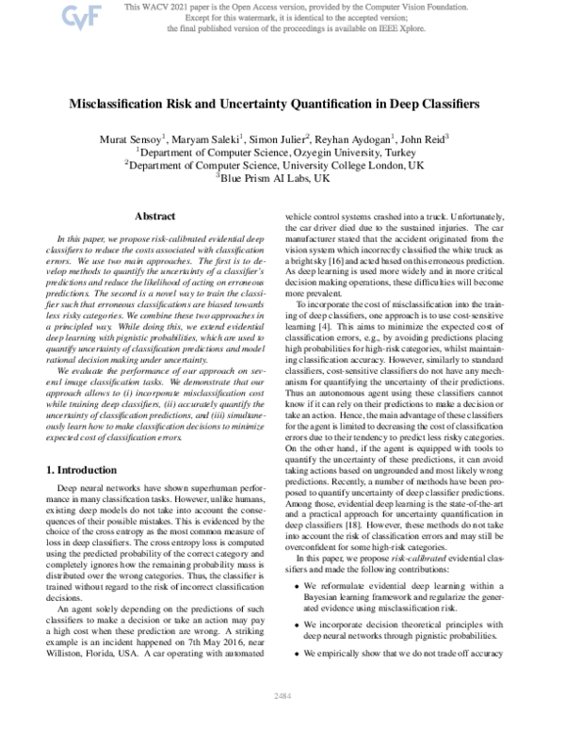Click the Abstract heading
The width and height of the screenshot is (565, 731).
156,217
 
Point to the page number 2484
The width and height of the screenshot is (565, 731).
282,720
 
